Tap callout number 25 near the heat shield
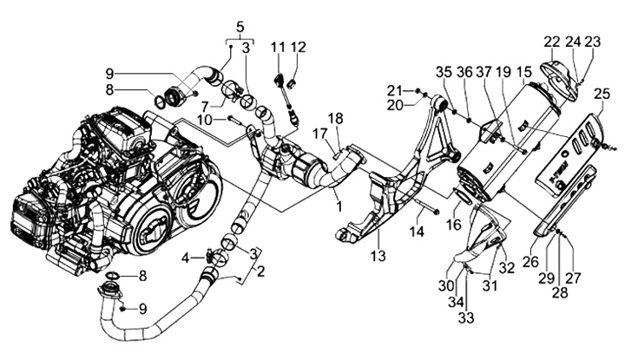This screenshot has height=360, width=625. point(602,95)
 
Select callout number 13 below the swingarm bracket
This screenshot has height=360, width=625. point(378,255)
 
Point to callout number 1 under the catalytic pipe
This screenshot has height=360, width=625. point(339,206)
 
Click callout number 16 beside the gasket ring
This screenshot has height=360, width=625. point(453,225)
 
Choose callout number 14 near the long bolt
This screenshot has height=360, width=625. point(417,232)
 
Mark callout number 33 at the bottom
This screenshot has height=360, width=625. point(466,317)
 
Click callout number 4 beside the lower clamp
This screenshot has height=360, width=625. point(186,259)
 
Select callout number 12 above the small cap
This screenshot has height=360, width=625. point(298,47)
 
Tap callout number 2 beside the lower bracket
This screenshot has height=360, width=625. point(260,272)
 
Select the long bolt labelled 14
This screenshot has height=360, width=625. point(426,206)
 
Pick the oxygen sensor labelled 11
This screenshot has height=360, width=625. point(286,95)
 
